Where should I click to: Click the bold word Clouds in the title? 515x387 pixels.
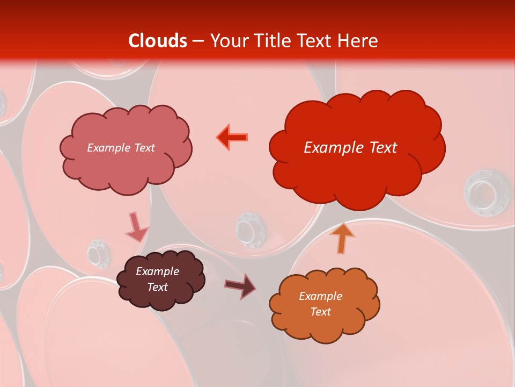158,41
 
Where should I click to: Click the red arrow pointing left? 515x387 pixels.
232,137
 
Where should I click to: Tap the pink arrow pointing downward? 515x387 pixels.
136,227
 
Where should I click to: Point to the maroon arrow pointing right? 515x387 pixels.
241,285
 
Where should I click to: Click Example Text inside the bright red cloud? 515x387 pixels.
350,147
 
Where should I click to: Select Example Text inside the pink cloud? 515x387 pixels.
121,147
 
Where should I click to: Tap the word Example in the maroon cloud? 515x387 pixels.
157,271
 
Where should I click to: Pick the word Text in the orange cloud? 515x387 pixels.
320,312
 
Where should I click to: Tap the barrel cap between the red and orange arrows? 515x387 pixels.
247,228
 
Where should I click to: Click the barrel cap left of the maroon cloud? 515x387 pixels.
99,252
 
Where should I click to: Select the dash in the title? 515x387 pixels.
198,41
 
